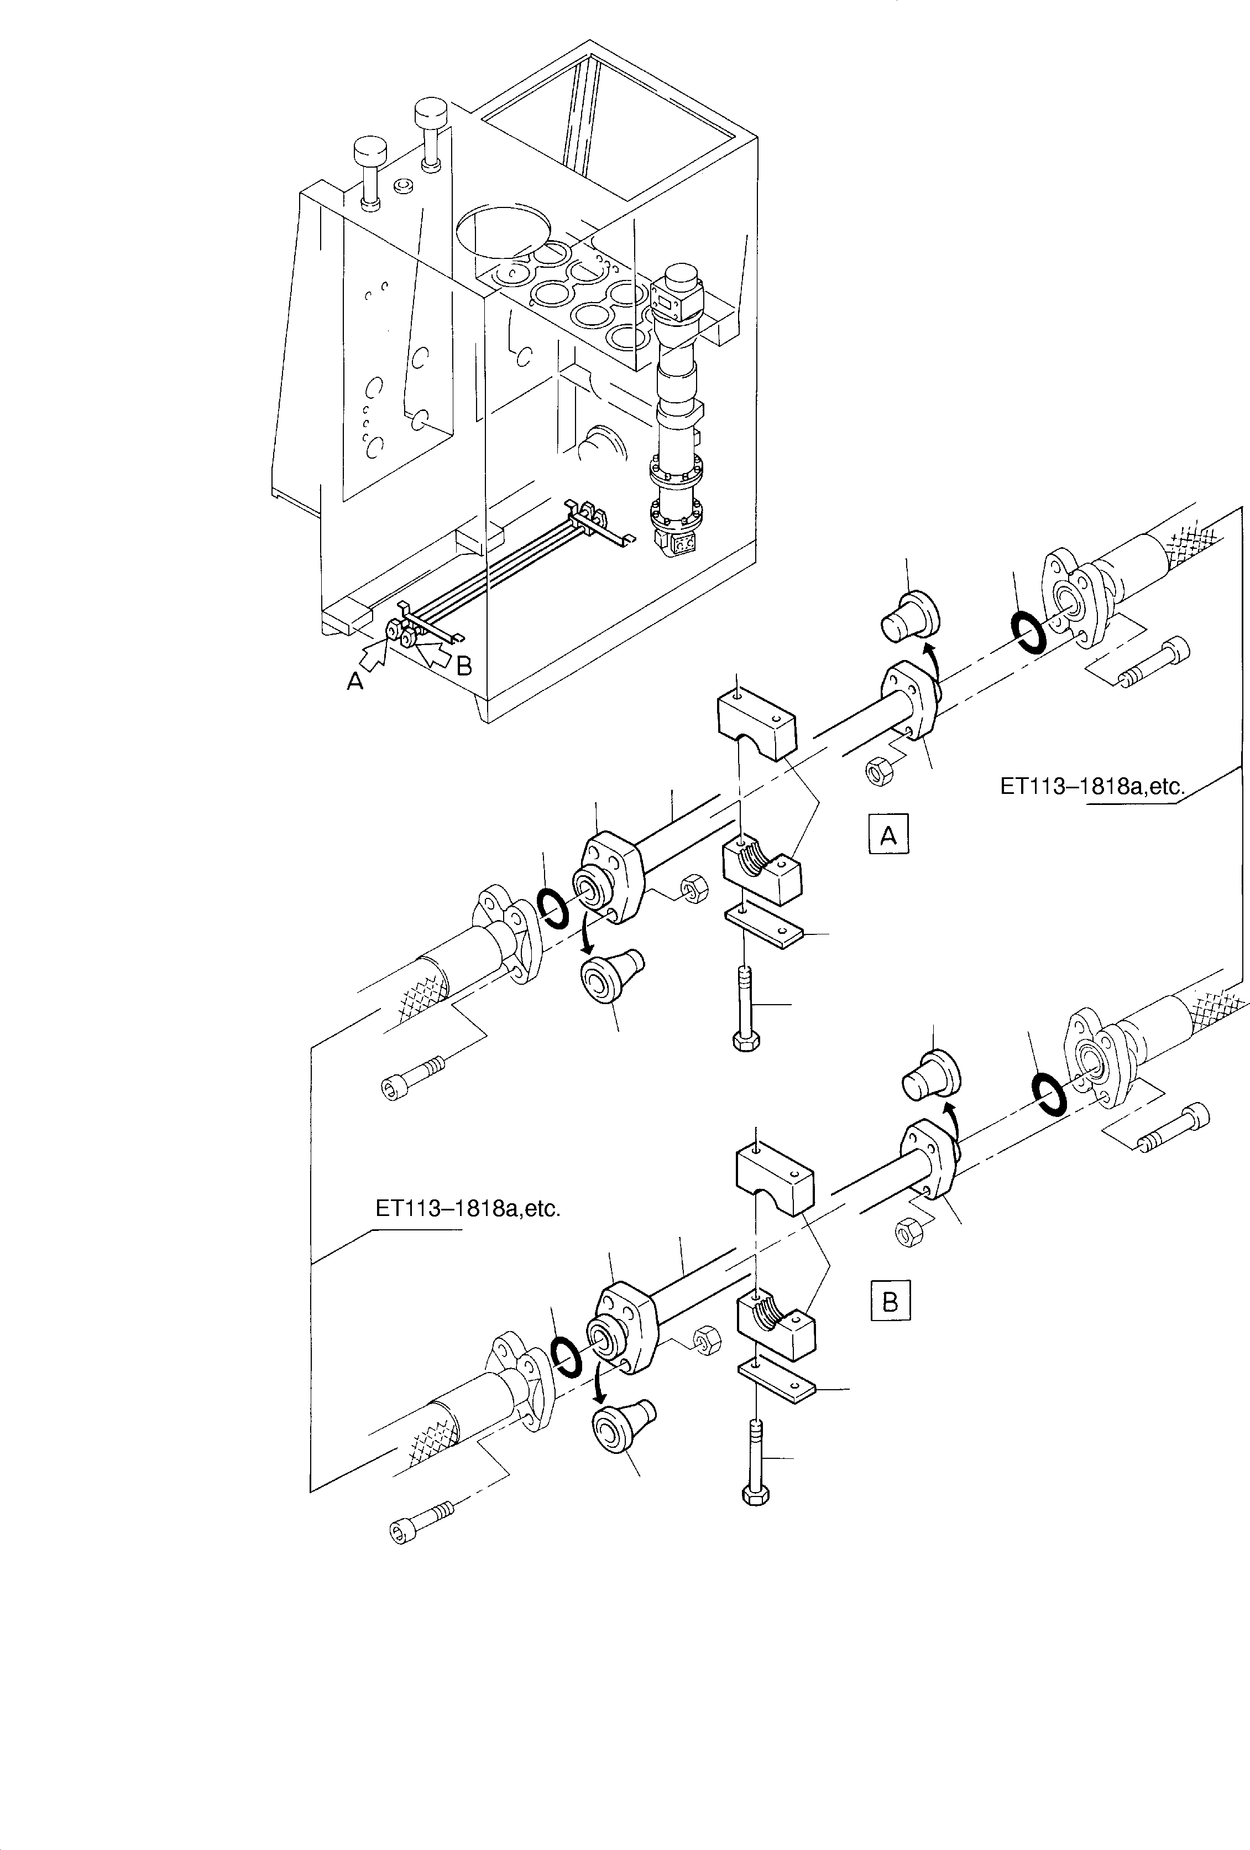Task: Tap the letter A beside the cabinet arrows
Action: point(355,680)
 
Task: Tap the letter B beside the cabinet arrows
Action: point(464,666)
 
